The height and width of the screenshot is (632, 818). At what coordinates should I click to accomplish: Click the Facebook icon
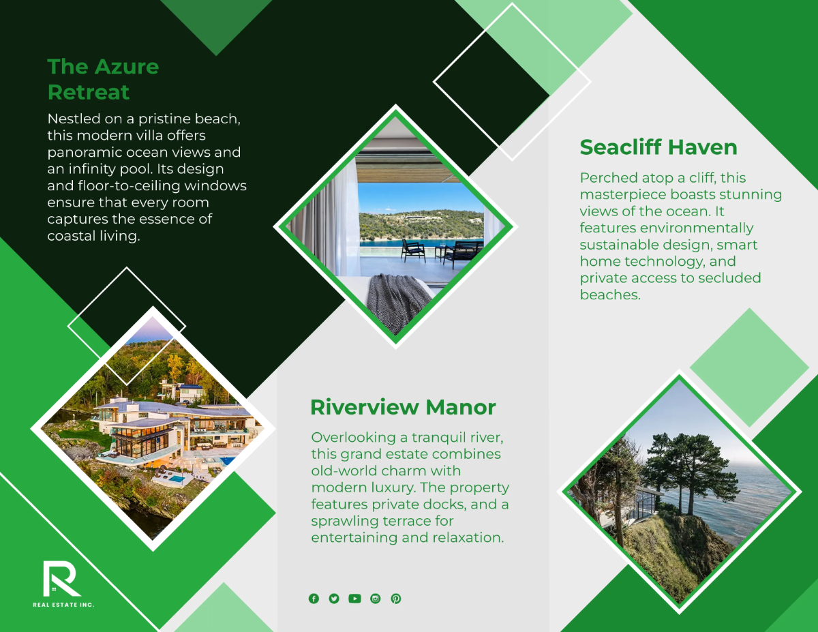point(314,599)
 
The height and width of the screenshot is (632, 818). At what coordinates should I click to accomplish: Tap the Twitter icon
point(334,599)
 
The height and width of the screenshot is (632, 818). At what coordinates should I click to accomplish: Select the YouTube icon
point(354,599)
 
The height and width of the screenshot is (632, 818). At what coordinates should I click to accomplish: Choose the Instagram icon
point(375,599)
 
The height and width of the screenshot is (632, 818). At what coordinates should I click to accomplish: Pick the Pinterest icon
point(396,599)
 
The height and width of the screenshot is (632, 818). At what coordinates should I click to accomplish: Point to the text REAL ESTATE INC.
point(63,605)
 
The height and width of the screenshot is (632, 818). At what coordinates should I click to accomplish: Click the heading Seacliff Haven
point(658,147)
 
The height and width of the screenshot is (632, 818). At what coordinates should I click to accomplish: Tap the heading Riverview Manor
point(403,407)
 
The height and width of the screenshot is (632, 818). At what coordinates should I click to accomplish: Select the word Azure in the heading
point(127,67)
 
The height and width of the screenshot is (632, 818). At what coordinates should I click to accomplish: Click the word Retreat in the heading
point(89,92)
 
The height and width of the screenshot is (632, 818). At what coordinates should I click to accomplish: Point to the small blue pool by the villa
point(176,479)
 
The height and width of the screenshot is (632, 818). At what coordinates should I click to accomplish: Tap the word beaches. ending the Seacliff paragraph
point(610,295)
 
